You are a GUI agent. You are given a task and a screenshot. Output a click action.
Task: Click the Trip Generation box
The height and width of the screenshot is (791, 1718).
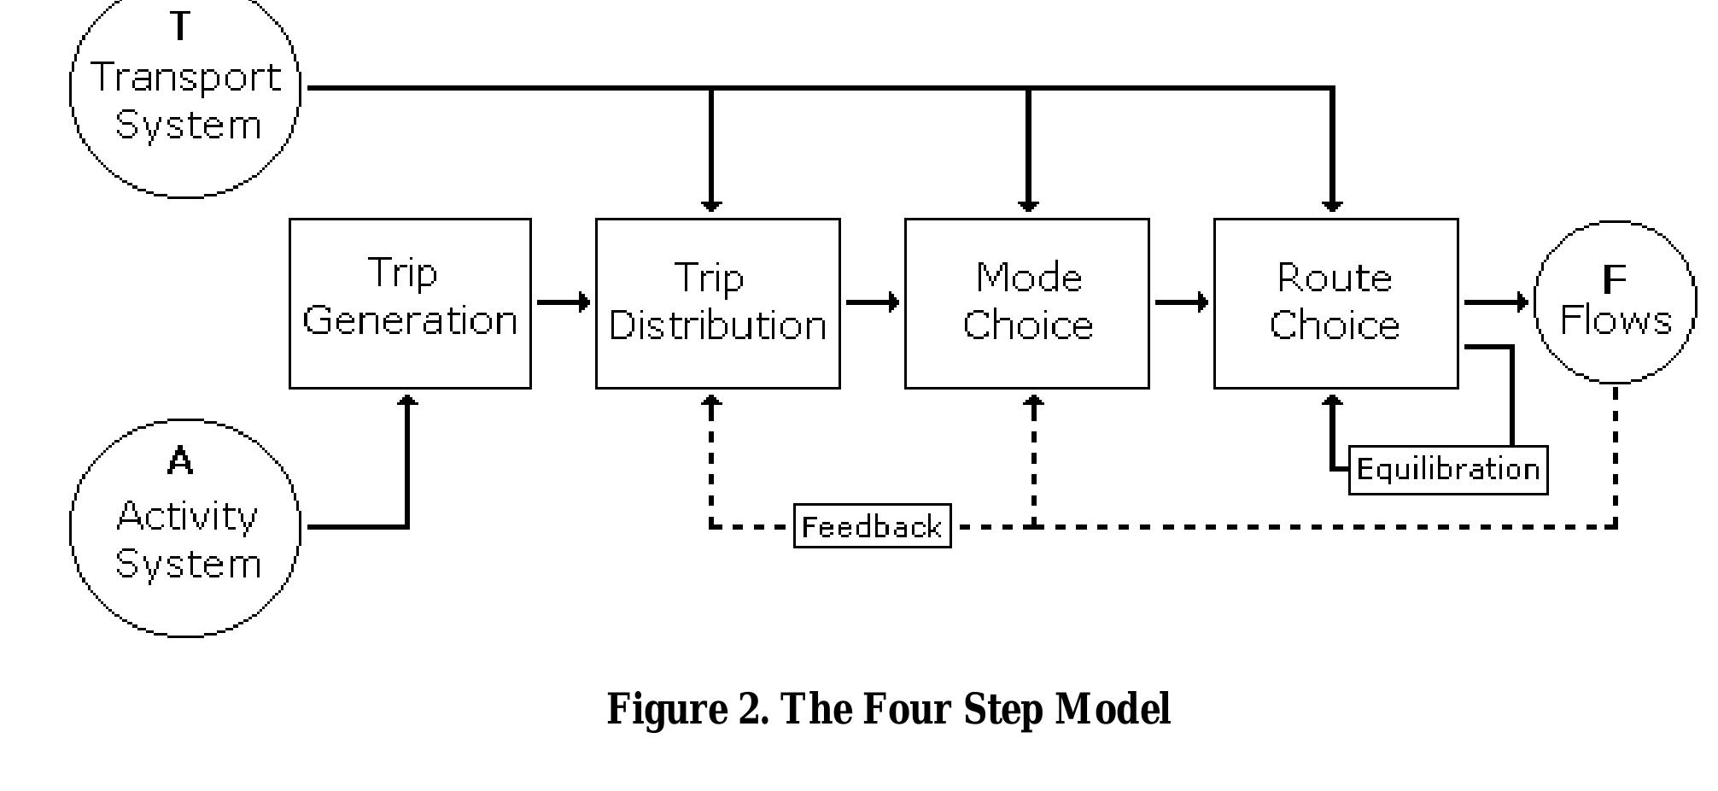[x=410, y=303]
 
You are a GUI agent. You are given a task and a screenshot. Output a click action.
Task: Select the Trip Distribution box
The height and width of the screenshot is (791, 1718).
[x=717, y=303]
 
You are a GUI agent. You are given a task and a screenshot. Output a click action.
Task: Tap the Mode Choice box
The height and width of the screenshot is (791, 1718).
[x=1026, y=303]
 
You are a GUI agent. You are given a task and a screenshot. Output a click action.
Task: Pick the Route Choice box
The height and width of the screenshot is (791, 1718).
[x=1335, y=303]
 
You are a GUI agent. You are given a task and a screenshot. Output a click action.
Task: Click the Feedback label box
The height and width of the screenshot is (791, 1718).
[x=872, y=526]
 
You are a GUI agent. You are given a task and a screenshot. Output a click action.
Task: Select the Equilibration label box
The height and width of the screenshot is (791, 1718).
[x=1447, y=470]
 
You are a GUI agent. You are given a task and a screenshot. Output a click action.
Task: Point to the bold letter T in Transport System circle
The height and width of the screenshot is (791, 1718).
[x=180, y=26]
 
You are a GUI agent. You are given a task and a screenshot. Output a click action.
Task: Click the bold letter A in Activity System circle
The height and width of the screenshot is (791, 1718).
[x=180, y=461]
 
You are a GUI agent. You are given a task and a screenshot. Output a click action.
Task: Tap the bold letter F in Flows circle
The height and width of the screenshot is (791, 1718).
[x=1614, y=279]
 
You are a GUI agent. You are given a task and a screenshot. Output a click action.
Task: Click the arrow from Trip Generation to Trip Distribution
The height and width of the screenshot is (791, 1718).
[x=563, y=302]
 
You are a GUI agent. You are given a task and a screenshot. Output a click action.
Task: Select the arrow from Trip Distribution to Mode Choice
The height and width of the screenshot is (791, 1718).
[x=872, y=302]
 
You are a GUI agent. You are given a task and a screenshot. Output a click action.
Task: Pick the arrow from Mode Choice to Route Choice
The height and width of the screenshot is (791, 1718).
[x=1181, y=302]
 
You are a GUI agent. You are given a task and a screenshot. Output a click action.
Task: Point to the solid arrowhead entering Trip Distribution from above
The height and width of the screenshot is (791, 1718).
[x=711, y=205]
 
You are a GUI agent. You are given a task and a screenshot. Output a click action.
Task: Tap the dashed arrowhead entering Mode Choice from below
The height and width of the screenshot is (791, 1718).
[x=1034, y=401]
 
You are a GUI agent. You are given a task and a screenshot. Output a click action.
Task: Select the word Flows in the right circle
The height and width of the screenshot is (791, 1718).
[x=1615, y=321]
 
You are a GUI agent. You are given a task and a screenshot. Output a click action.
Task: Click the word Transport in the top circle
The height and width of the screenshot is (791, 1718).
[x=186, y=79]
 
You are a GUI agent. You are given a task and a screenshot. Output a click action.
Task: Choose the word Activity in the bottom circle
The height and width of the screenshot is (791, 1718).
[x=186, y=516]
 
